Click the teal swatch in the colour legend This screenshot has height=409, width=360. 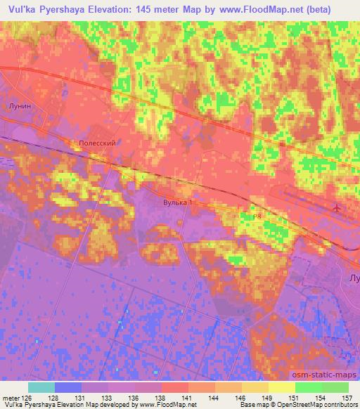pos(41,387)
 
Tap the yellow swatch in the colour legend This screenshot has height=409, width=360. pos(282,387)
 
